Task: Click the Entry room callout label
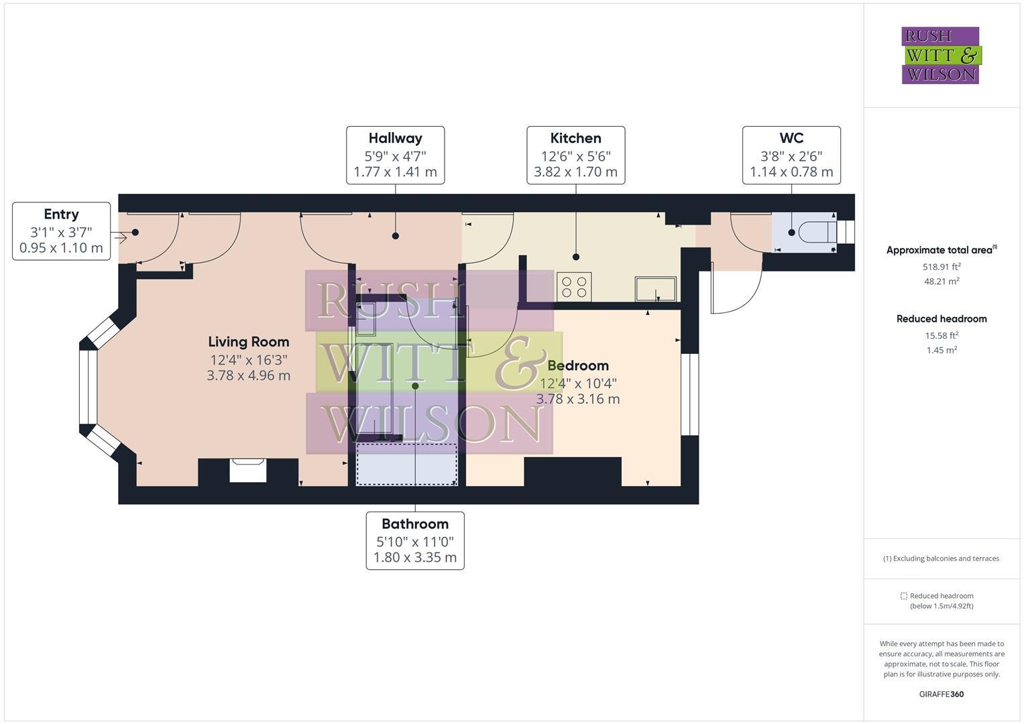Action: pyautogui.click(x=61, y=231)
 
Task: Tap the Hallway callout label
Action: pyautogui.click(x=395, y=155)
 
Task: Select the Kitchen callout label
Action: pyautogui.click(x=575, y=155)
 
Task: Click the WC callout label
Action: pyautogui.click(x=791, y=155)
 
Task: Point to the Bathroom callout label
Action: pyautogui.click(x=415, y=540)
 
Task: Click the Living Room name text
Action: pyautogui.click(x=248, y=342)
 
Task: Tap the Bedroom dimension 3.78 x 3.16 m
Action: pyautogui.click(x=577, y=400)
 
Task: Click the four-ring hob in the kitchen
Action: pyautogui.click(x=573, y=288)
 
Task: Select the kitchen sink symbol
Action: pyautogui.click(x=655, y=289)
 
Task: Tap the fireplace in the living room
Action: pyautogui.click(x=248, y=470)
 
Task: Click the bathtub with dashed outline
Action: pyautogui.click(x=406, y=464)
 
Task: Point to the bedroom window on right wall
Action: pyautogui.click(x=689, y=394)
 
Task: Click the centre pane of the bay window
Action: pyautogui.click(x=88, y=387)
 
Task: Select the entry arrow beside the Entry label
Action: pyautogui.click(x=121, y=237)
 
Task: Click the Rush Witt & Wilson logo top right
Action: pyautogui.click(x=940, y=55)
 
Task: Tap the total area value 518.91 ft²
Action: pyautogui.click(x=941, y=266)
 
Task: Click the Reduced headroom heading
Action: pyautogui.click(x=941, y=319)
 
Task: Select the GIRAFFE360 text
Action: pyautogui.click(x=941, y=694)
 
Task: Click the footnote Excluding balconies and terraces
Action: pyautogui.click(x=941, y=558)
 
